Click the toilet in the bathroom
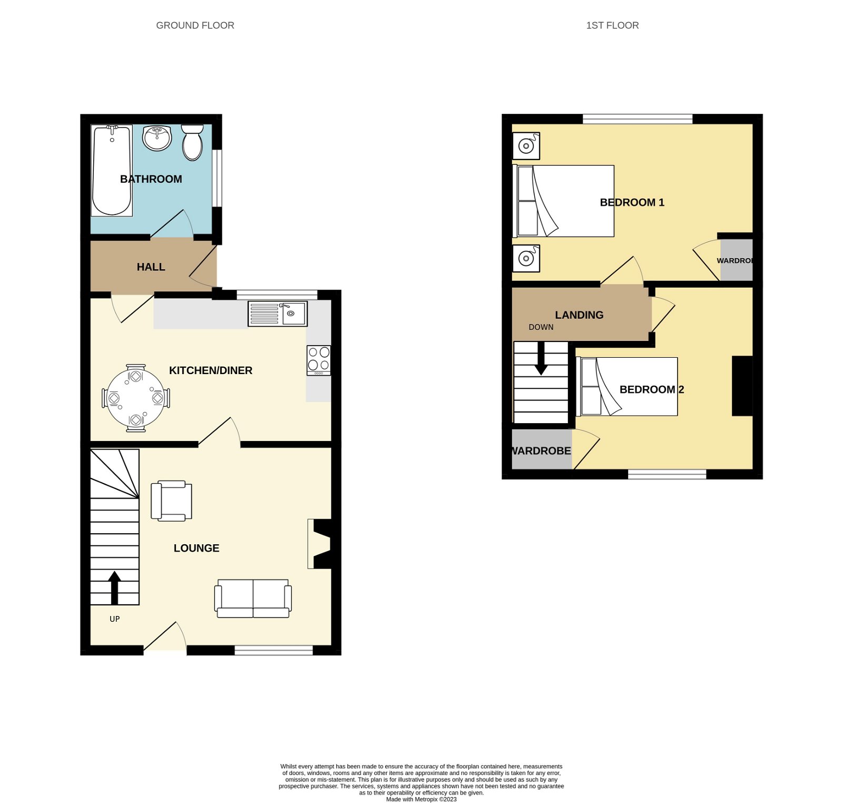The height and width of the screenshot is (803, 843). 192,142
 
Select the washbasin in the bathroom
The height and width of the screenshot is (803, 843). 157,138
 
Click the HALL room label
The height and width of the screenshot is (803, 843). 151,267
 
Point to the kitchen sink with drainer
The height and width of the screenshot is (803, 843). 277,314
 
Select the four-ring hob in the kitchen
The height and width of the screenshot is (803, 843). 319,360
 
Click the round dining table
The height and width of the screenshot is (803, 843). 136,398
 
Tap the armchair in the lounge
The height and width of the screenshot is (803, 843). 171,501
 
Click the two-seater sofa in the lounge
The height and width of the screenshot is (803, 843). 253,599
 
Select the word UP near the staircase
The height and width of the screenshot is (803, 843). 114,619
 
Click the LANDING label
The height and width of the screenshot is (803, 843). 579,315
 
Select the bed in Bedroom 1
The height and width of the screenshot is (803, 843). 564,201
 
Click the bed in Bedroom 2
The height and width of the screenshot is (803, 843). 629,387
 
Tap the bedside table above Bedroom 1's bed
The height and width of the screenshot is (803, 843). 526,145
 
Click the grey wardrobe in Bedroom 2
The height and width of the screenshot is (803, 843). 542,449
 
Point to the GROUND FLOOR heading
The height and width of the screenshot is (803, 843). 195,25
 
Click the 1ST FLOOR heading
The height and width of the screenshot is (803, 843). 612,25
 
